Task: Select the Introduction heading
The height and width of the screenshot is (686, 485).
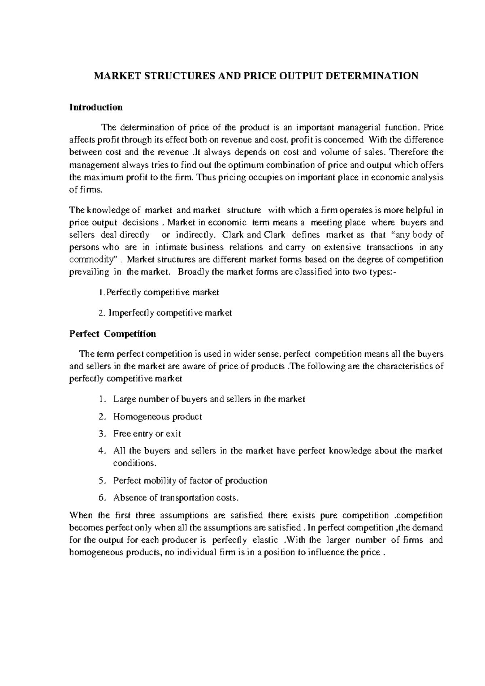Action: click(x=96, y=108)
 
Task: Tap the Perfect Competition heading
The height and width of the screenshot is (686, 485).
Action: click(x=112, y=334)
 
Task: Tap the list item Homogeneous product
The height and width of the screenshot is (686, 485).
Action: click(x=158, y=417)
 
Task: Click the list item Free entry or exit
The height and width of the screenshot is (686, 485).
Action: click(x=147, y=434)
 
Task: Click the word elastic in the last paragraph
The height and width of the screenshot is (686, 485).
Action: click(x=265, y=540)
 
